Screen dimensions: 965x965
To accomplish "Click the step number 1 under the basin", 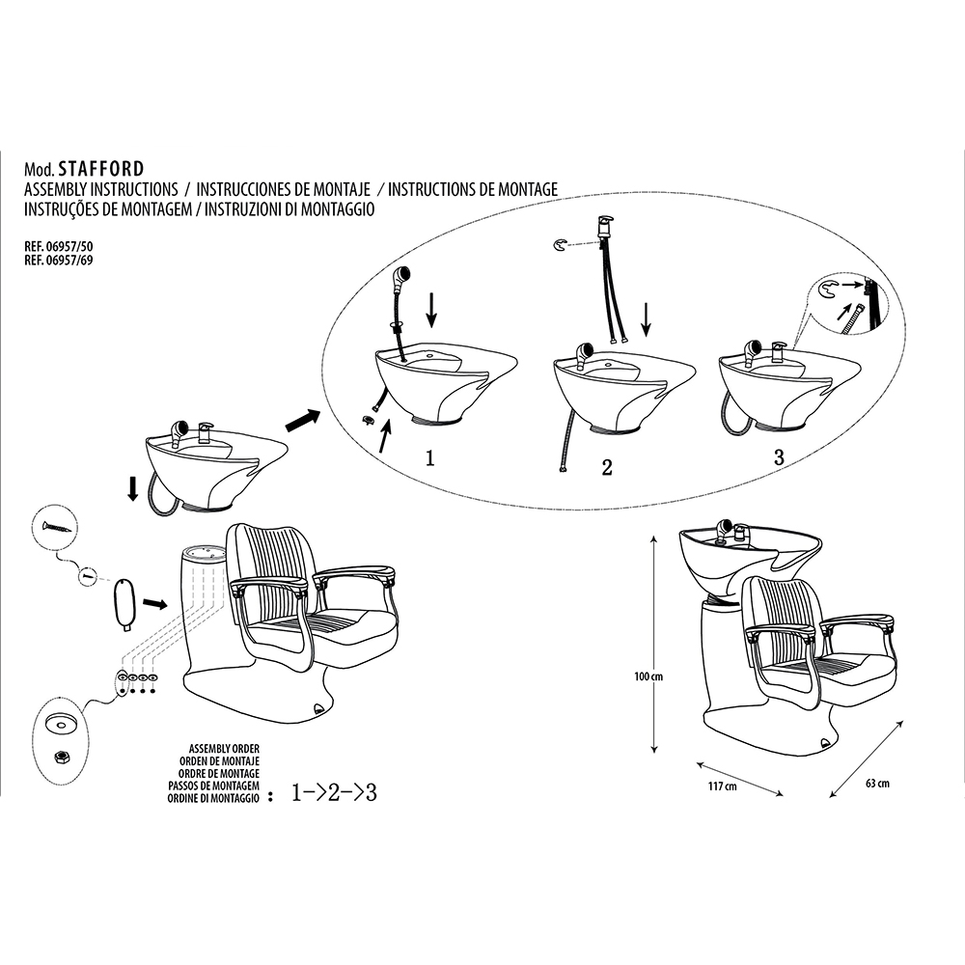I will coord(429,458).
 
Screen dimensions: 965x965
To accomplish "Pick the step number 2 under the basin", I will coord(606,468).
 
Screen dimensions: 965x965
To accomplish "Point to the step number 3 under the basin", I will coord(778,457).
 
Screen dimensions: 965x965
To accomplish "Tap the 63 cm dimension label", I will coord(876,783).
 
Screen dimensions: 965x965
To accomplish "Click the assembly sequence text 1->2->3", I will coord(333,794).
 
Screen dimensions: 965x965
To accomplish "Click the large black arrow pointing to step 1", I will coord(302,421).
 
